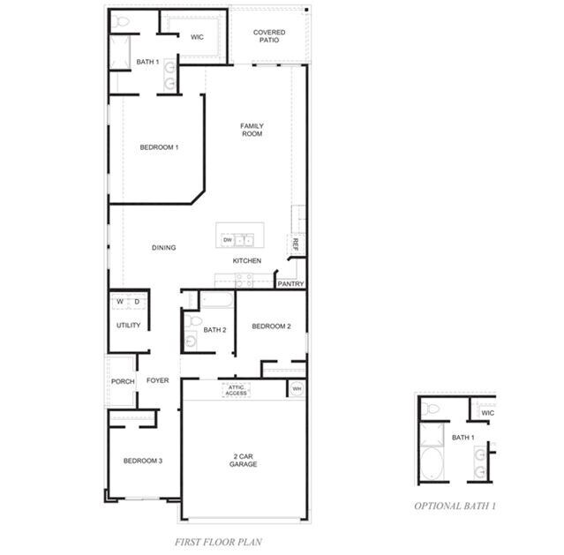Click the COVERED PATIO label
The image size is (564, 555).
click(269, 37)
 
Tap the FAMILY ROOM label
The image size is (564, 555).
click(252, 130)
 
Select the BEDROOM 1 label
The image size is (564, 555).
click(159, 147)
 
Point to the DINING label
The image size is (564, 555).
click(163, 248)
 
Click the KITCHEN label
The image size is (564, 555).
click(246, 261)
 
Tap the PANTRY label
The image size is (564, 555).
click(290, 284)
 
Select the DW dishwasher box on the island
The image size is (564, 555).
click(227, 240)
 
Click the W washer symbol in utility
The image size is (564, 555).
click(121, 302)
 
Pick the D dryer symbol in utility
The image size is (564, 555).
click(137, 302)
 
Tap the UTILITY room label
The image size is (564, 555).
click(128, 326)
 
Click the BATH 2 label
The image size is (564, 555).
click(215, 330)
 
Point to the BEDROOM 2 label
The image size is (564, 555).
click(271, 326)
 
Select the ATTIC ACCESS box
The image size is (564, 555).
click(236, 390)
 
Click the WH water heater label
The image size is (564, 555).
click(297, 388)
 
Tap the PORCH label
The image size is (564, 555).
click(122, 381)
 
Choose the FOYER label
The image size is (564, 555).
click(157, 381)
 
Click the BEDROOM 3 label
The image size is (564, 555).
click(142, 461)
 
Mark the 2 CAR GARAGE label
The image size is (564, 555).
click(244, 460)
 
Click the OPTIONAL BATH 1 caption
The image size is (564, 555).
click(455, 506)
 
